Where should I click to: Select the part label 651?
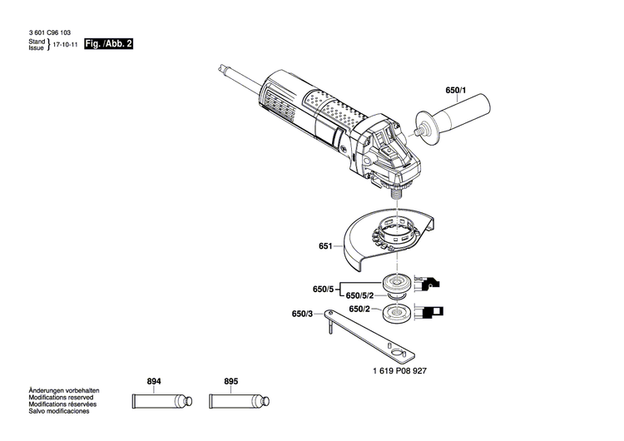click(x=325, y=246)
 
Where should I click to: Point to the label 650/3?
click(x=303, y=315)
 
